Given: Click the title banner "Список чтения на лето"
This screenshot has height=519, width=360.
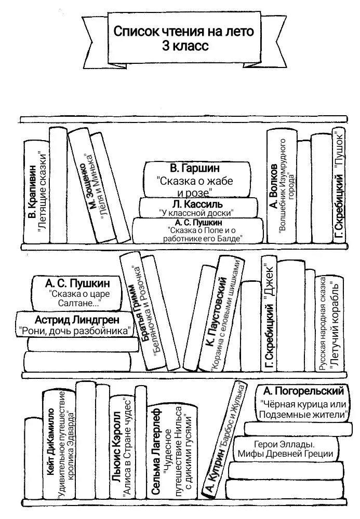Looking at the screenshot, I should point(183,38).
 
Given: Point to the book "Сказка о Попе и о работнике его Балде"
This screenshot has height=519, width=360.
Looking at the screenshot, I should point(198,230).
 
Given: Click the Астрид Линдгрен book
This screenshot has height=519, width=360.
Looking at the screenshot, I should point(74,324).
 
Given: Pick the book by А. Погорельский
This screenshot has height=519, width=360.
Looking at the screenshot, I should point(302,402).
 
